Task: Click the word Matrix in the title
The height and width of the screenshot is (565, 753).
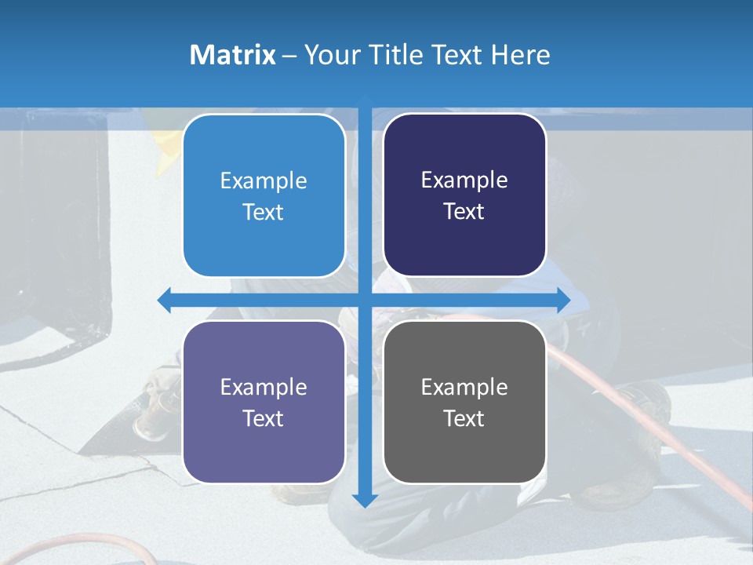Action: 232,55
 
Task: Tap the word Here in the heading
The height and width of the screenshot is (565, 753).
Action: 520,55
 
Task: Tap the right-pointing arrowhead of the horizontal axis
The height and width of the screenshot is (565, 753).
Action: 563,300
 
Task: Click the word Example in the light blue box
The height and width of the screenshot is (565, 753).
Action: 264,181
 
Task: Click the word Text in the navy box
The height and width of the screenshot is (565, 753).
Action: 464,212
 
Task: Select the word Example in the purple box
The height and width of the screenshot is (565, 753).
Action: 264,388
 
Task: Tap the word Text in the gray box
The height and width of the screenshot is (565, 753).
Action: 464,419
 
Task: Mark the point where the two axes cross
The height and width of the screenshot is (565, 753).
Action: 364,300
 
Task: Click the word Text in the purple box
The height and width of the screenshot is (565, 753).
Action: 264,419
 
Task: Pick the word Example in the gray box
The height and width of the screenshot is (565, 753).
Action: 464,388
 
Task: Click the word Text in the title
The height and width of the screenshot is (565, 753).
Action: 457,55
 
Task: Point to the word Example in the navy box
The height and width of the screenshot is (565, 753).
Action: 464,180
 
